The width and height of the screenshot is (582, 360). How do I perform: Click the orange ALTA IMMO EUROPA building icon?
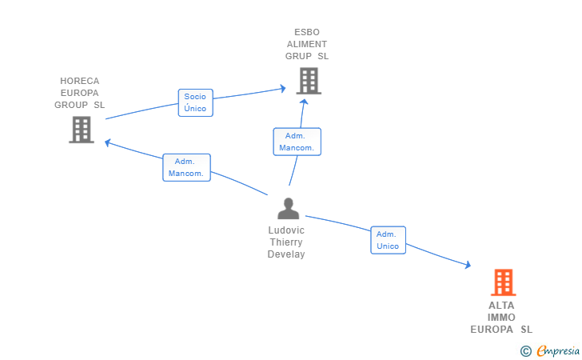[x=504, y=282]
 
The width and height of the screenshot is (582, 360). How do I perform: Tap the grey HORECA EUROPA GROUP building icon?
[x=82, y=130]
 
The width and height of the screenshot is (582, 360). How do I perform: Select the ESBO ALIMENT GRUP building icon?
[x=309, y=81]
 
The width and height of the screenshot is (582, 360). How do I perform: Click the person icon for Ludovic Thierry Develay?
[x=289, y=209]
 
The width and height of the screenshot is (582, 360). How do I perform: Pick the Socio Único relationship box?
[x=196, y=102]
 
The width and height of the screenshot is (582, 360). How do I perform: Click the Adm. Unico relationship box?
[x=388, y=240]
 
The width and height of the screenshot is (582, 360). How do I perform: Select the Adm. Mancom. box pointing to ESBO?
[x=297, y=142]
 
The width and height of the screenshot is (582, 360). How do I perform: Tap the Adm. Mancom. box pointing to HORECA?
[x=186, y=167]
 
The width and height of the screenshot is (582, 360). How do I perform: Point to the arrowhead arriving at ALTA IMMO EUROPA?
[x=468, y=265]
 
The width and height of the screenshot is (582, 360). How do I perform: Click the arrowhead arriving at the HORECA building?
[x=108, y=142]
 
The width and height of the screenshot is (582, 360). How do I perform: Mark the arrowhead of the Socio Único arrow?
[x=283, y=89]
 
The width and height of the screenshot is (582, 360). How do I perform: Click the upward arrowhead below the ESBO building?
[x=304, y=102]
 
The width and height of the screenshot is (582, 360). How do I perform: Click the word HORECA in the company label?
[x=79, y=81]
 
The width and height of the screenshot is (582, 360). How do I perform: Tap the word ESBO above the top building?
[x=307, y=32]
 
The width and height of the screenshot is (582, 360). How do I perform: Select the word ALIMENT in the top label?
[x=307, y=44]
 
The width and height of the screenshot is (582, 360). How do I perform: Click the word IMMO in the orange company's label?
[x=501, y=318]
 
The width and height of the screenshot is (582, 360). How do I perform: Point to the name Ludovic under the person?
[x=286, y=230]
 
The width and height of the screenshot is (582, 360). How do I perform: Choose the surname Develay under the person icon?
[x=286, y=254]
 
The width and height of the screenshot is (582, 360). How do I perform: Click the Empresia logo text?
[x=558, y=350]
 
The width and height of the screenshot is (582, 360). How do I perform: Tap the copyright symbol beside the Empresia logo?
[x=526, y=351]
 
